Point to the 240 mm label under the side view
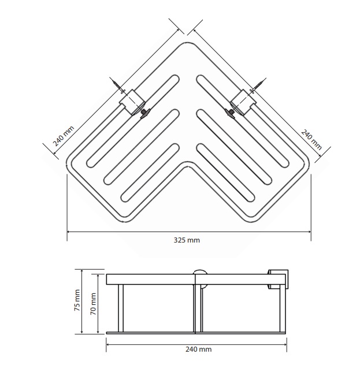(198, 349)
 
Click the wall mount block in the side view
(277, 278)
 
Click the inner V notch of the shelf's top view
(188, 163)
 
